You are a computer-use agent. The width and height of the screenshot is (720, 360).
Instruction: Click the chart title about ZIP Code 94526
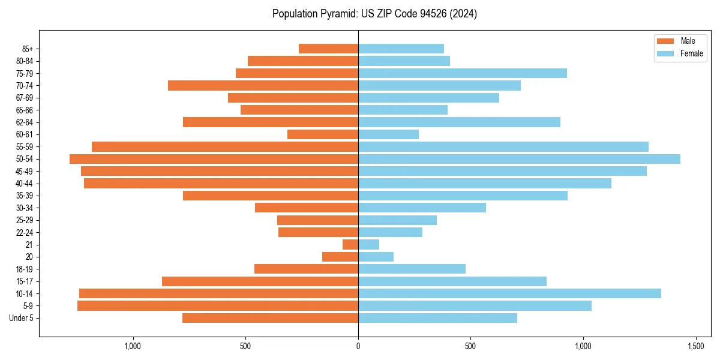[x=374, y=14]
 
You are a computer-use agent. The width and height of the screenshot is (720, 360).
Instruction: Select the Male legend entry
[x=680, y=41]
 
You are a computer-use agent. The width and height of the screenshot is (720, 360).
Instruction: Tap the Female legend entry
[x=680, y=53]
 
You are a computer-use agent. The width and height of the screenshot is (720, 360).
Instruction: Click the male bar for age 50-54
[x=214, y=159]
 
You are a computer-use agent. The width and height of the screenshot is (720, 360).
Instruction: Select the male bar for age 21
[x=350, y=245]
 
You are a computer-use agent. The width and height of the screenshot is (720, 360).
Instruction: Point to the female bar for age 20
[x=376, y=257]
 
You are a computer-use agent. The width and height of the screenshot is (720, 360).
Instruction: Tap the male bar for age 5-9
[x=218, y=306]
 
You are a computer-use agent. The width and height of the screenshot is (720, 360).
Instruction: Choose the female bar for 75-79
[x=463, y=73]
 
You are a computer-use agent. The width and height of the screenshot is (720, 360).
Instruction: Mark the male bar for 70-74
[x=263, y=86]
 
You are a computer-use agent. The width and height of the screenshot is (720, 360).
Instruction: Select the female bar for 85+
[x=401, y=49]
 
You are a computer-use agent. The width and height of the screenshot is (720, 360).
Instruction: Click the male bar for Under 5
[x=270, y=318]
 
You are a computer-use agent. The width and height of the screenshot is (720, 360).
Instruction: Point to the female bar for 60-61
[x=388, y=134]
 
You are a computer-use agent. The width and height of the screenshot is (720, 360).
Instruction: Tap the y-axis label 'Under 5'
[x=22, y=318]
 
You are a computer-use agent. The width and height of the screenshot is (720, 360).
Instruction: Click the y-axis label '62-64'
[x=25, y=122]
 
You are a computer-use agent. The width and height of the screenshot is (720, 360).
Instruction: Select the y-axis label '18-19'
[x=25, y=269]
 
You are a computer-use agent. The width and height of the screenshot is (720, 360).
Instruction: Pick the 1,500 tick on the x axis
[x=695, y=346]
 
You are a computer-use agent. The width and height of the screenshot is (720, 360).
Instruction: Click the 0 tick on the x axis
[x=358, y=346]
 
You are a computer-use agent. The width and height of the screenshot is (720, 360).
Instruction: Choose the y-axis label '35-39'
[x=25, y=196]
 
